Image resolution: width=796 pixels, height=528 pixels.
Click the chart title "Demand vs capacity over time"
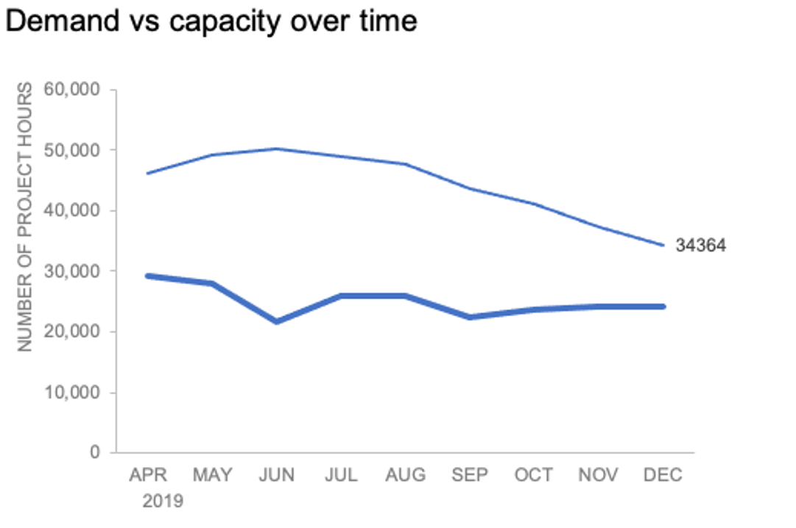point(211,21)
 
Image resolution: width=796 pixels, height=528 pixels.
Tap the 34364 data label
point(700,246)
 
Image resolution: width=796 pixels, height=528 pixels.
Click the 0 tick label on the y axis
point(95,453)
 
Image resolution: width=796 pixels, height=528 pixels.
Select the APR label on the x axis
point(148,475)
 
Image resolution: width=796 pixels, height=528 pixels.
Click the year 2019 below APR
point(163,502)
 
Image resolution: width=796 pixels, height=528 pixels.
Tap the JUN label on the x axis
point(277,475)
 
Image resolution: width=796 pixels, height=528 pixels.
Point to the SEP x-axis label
point(470,475)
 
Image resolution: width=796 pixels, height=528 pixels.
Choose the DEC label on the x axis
point(662,475)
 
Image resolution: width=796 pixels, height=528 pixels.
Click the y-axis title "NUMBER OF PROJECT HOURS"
point(25,217)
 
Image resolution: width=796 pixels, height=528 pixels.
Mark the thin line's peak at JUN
point(277,149)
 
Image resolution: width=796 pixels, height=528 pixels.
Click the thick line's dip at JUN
point(277,321)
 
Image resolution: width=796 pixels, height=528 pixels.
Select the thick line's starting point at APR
point(148,276)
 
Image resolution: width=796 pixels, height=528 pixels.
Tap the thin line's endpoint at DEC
point(663,245)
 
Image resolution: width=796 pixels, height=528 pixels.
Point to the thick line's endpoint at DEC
point(663,306)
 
